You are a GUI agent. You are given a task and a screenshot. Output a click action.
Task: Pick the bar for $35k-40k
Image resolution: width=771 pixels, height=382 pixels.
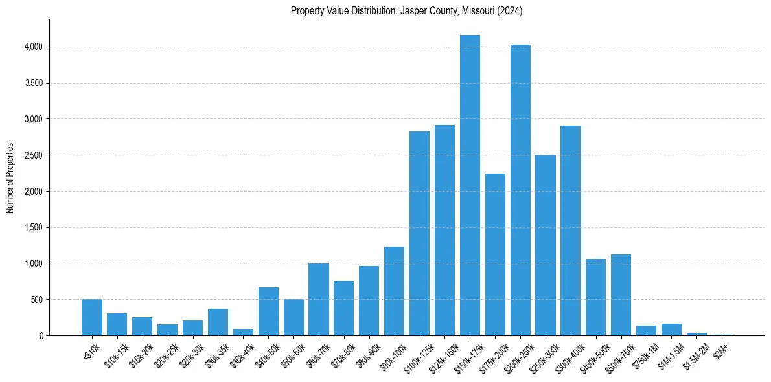point(243,332)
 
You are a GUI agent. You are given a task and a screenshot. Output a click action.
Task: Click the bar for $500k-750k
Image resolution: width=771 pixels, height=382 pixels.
point(621,295)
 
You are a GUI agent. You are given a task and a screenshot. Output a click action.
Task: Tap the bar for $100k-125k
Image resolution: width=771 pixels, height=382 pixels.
point(419,233)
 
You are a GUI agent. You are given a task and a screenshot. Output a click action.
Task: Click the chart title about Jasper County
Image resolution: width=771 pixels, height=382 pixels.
point(407,11)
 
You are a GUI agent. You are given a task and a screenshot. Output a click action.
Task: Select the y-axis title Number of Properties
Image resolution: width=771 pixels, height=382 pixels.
point(10,178)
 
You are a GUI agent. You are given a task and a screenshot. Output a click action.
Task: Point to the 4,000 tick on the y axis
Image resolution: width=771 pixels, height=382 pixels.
point(33,47)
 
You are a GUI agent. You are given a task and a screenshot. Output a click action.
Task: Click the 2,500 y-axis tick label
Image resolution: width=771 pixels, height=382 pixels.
point(33,155)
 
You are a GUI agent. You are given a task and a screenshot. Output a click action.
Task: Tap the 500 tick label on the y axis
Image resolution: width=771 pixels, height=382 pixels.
point(36,300)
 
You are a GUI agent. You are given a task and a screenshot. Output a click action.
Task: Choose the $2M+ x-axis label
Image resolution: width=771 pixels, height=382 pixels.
point(720,350)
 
